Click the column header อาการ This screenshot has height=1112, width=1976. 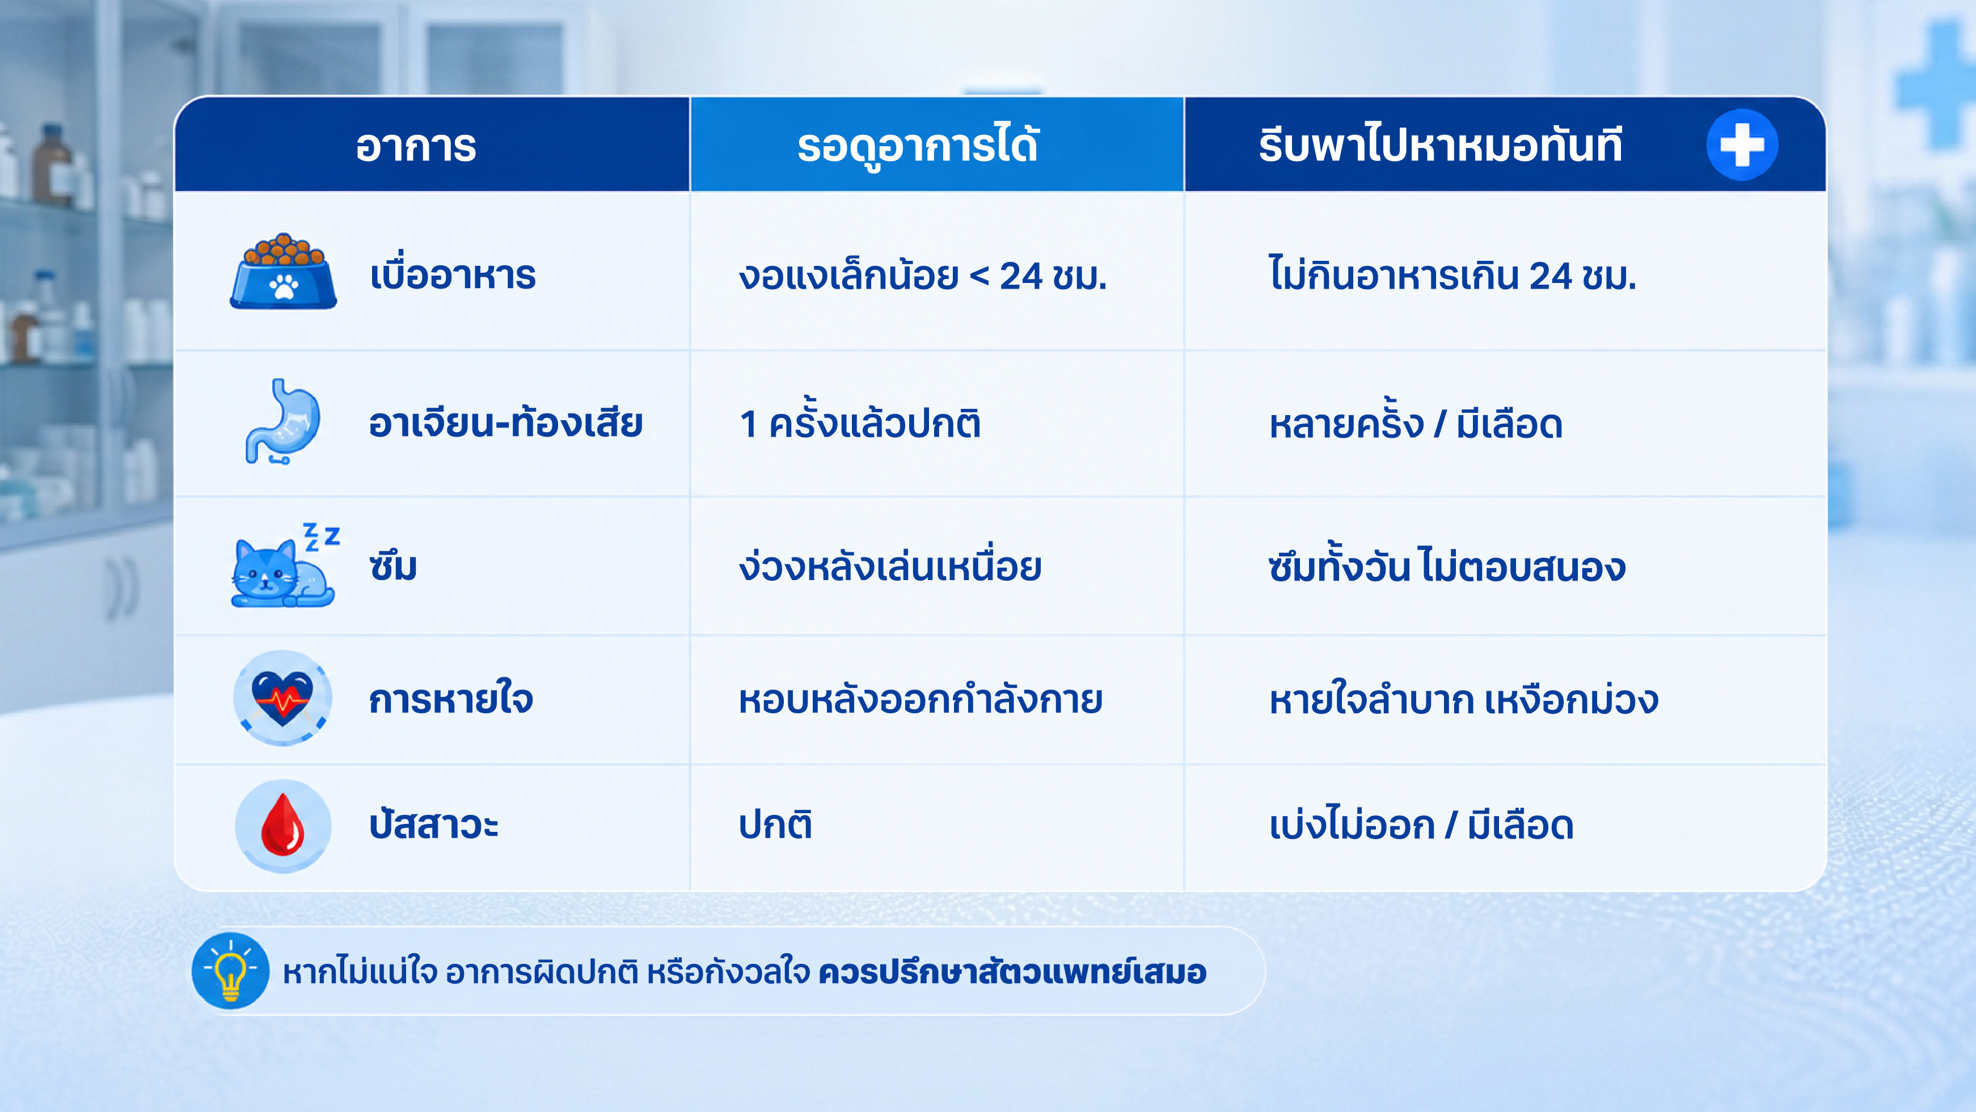(416, 146)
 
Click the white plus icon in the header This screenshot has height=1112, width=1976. (1742, 145)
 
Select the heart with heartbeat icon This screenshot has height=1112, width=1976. (282, 699)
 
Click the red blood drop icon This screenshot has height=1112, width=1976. (283, 825)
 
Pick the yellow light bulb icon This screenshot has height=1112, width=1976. (230, 971)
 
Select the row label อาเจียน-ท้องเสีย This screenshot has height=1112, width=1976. (505, 422)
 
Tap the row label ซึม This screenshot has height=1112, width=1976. (392, 566)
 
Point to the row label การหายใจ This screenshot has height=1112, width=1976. (451, 699)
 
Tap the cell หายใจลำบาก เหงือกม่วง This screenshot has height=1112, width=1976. (1464, 699)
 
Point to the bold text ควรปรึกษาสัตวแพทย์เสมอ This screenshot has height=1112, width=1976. (1012, 972)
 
